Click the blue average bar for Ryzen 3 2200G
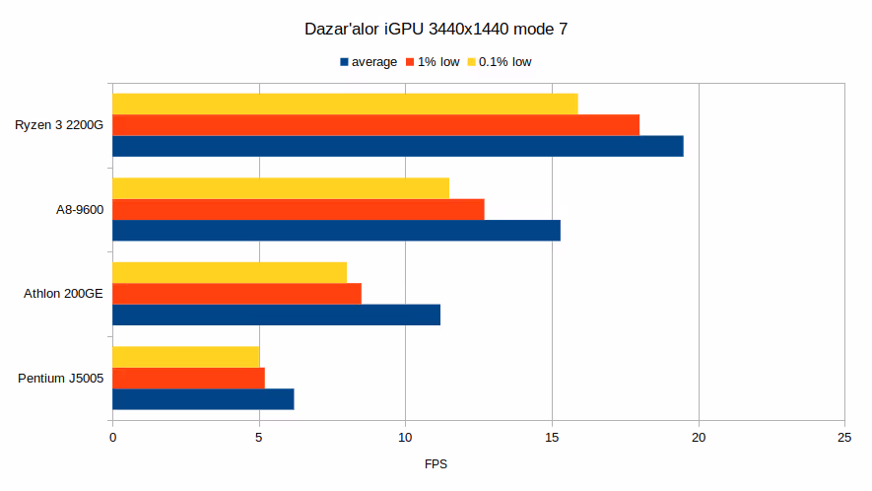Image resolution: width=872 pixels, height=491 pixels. point(398,146)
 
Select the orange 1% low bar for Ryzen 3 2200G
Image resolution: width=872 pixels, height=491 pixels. point(375,124)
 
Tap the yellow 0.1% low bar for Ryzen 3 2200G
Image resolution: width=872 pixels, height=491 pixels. point(345,104)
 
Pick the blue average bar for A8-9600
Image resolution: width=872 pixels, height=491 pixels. point(336,231)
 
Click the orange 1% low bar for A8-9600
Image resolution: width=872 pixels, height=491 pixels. point(299,209)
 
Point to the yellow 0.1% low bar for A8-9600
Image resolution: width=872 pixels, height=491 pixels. point(281,188)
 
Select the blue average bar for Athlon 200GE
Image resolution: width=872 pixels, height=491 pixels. point(276,316)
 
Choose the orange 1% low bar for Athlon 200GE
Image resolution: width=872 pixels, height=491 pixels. point(236,294)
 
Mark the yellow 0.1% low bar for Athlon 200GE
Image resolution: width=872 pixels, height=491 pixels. point(230,272)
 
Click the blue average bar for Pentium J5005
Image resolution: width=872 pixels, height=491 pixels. point(203,399)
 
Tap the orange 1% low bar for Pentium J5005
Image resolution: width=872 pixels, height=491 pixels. point(188,378)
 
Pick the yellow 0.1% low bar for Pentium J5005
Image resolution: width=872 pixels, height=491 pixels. point(185,357)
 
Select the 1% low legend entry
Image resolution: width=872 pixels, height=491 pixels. point(437,62)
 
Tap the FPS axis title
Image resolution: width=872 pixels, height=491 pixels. point(436,463)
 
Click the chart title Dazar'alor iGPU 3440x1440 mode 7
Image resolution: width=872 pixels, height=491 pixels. point(436,30)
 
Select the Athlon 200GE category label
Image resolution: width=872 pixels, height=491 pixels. point(63,294)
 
